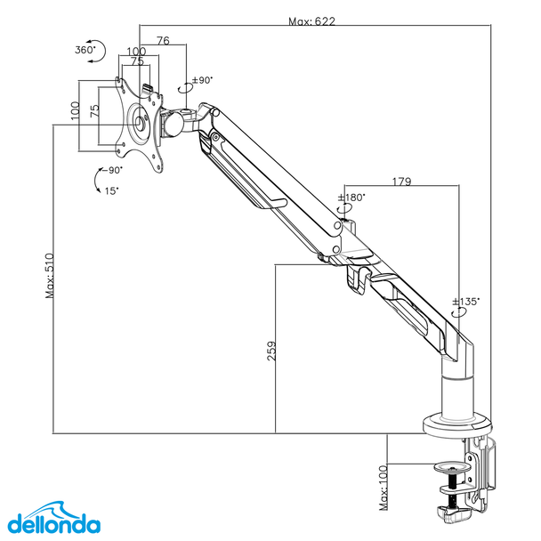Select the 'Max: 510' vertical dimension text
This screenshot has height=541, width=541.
(50, 275)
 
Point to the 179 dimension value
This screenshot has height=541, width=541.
(400, 181)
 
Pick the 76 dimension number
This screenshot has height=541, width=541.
(164, 40)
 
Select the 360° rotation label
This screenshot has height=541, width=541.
(85, 50)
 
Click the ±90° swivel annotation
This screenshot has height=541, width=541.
(201, 80)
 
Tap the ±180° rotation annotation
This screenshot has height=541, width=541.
(353, 198)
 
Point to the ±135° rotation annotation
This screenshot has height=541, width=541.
(466, 302)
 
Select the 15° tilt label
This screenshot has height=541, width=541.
(111, 190)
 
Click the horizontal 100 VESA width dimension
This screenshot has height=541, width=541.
(136, 52)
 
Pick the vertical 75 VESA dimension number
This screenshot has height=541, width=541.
(93, 111)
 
